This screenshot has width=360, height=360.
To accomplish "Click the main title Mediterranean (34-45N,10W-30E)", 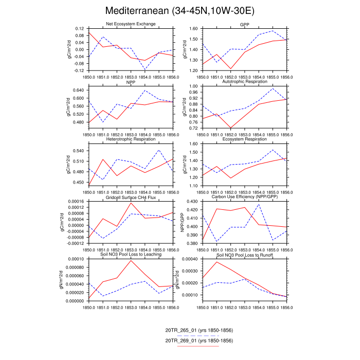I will point(179,11).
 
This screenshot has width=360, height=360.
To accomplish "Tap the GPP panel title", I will point(245,24).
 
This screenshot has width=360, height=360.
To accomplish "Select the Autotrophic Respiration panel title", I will point(245,82).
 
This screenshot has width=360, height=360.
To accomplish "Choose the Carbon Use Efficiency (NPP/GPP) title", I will point(245,197).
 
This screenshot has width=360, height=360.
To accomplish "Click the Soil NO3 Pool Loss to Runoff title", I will point(245,255).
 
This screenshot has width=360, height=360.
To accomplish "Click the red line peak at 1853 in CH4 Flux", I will point(131,203).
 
